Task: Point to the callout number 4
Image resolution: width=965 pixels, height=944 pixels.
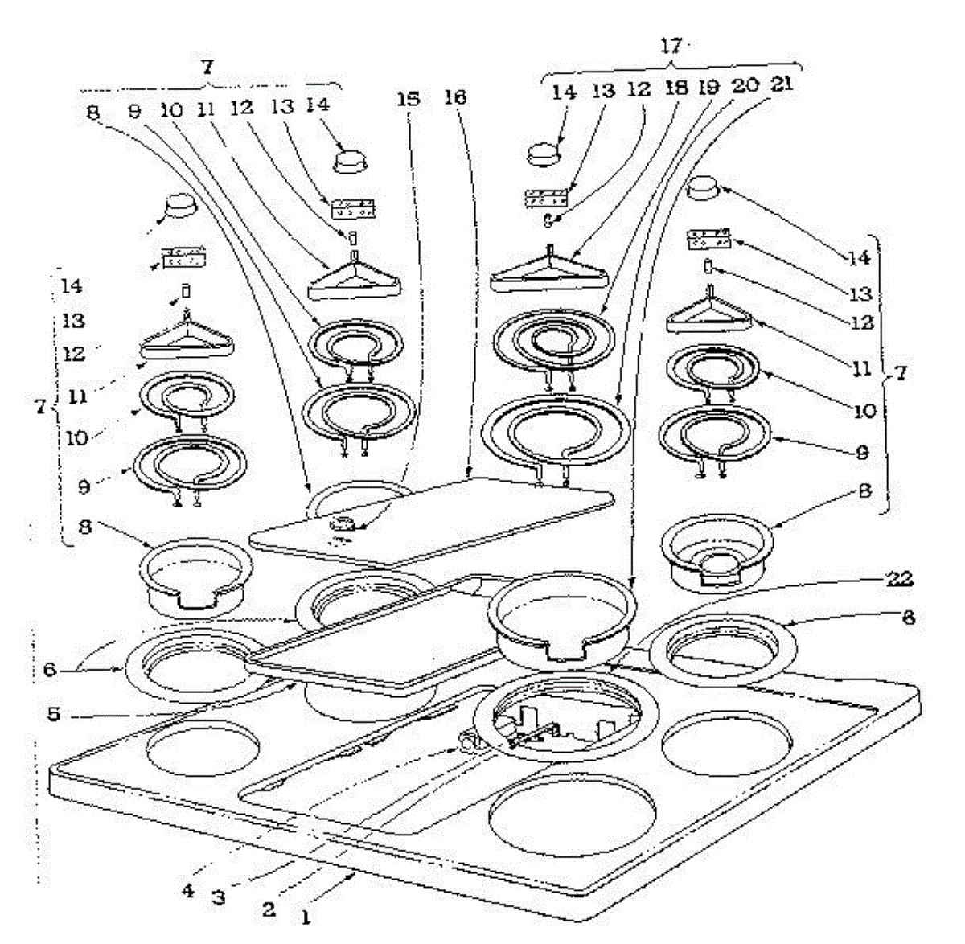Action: pyautogui.click(x=187, y=891)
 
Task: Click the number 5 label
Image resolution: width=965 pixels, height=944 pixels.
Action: pyautogui.click(x=53, y=713)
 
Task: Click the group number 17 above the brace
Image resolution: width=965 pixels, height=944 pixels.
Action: pyautogui.click(x=671, y=46)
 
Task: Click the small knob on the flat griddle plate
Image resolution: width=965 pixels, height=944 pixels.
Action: pyautogui.click(x=345, y=525)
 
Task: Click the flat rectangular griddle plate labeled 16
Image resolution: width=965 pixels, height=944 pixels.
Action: pyautogui.click(x=434, y=519)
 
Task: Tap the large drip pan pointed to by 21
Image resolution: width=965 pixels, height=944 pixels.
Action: pyautogui.click(x=563, y=615)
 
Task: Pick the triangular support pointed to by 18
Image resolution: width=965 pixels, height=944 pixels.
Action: pyautogui.click(x=547, y=272)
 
